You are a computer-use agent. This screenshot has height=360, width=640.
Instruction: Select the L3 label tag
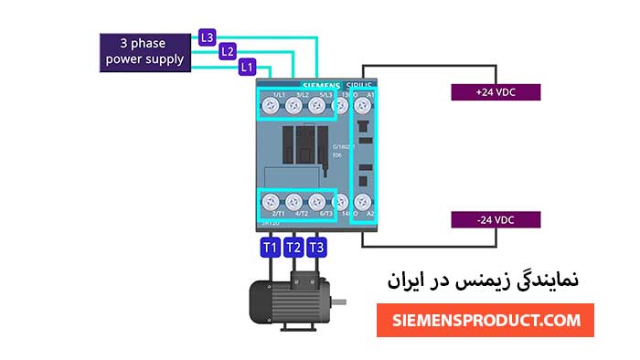(208, 37)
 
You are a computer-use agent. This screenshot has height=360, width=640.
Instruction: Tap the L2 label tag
(228, 52)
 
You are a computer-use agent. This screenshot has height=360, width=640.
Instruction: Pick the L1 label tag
(246, 67)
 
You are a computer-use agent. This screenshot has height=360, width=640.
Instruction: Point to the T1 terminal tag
(270, 248)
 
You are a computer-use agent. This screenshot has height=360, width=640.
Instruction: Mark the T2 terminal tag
(293, 248)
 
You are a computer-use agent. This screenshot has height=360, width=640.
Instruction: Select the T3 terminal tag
(316, 248)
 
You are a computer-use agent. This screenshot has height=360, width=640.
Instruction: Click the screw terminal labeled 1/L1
(271, 107)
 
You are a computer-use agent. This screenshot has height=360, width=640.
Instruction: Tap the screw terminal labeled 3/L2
(293, 107)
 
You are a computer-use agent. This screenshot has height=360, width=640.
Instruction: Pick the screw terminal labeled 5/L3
(316, 107)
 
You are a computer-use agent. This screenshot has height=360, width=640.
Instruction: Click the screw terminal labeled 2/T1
(271, 201)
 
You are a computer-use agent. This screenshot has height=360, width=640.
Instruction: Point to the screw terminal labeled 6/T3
(316, 201)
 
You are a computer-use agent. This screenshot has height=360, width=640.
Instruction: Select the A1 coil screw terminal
(363, 107)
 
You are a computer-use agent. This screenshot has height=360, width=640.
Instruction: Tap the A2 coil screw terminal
(363, 201)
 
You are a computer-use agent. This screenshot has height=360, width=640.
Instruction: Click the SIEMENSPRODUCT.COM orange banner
(485, 320)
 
